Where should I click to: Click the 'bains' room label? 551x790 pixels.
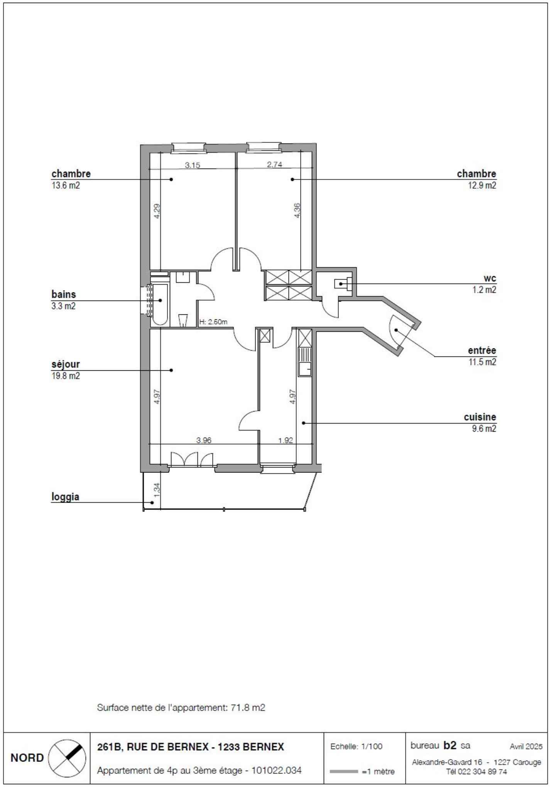(64, 294)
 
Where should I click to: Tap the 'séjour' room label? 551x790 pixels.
(66, 364)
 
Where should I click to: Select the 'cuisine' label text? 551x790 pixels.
(480, 417)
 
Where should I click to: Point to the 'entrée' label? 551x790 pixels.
(482, 351)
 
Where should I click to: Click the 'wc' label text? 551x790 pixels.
(490, 279)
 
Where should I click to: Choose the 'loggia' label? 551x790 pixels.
(65, 497)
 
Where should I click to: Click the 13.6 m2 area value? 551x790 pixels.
(66, 186)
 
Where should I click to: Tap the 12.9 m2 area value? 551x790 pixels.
(482, 186)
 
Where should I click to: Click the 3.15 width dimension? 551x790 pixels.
(193, 165)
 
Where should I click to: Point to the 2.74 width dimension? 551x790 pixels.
(275, 164)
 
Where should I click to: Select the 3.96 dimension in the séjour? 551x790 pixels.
(204, 440)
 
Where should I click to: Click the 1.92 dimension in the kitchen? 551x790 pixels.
(286, 440)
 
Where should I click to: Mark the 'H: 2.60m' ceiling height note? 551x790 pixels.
(213, 322)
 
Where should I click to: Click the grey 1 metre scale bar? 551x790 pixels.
(344, 771)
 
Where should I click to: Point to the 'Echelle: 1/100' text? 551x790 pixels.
(357, 746)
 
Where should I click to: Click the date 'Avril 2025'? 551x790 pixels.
(526, 746)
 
